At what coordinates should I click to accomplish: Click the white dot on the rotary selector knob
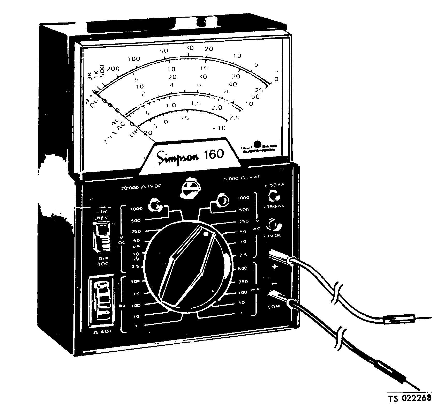pyautogui.click(x=206, y=234)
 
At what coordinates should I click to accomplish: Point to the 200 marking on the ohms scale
pyautogui.click(x=113, y=69)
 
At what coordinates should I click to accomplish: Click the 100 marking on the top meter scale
pyautogui.click(x=134, y=59)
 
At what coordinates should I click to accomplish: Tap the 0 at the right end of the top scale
pyautogui.click(x=276, y=79)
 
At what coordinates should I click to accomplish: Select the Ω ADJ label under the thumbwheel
pyautogui.click(x=101, y=332)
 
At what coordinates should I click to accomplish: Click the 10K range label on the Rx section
pyautogui.click(x=136, y=281)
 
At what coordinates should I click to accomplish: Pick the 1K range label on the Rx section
pyautogui.click(x=136, y=293)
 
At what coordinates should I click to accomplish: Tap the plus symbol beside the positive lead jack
pyautogui.click(x=275, y=267)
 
